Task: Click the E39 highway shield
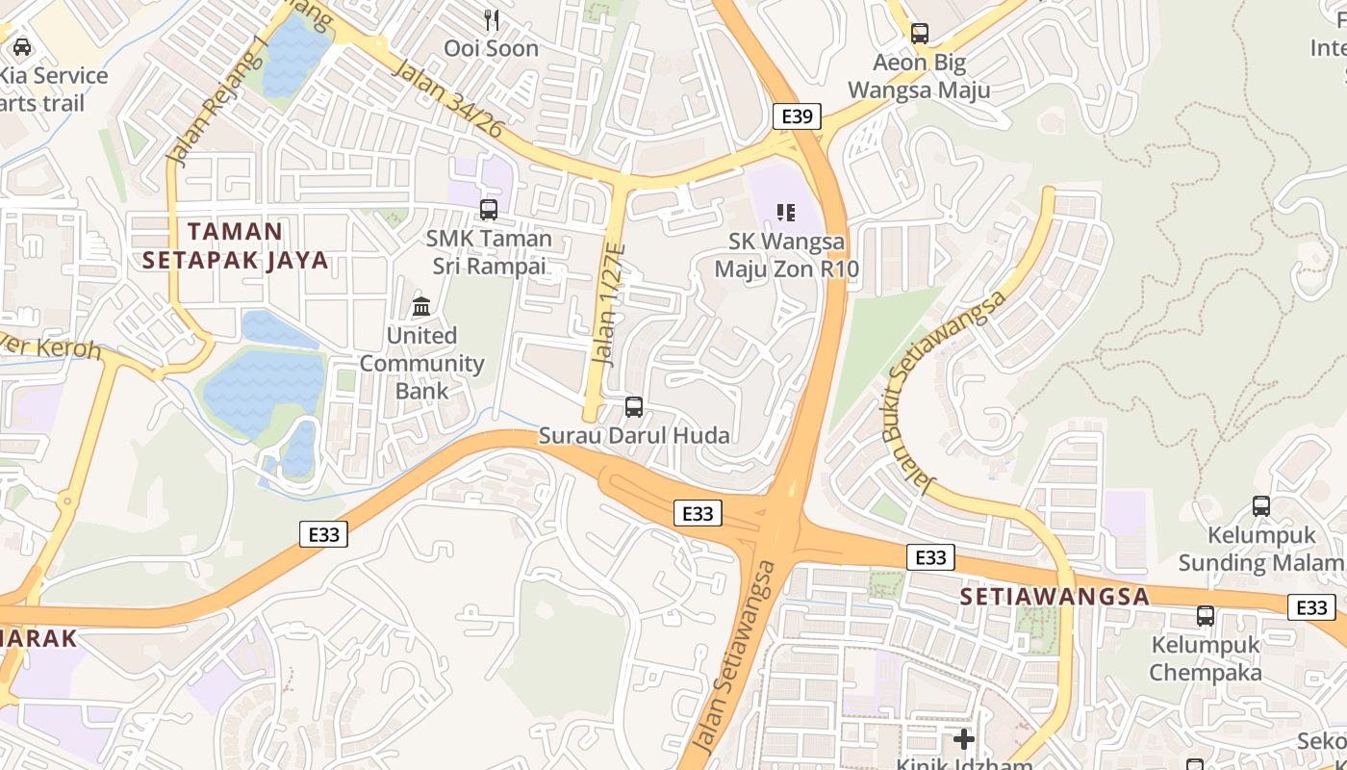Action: [797, 117]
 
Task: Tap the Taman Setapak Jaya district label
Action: [235, 245]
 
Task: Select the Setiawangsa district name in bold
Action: [1055, 597]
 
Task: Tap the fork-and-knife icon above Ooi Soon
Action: [492, 20]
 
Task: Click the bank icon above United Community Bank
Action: [421, 307]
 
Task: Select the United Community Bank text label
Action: [421, 363]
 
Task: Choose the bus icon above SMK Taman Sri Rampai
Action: [489, 209]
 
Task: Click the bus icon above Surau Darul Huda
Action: [633, 407]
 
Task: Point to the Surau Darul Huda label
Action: [633, 436]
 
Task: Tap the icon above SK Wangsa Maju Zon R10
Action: [786, 212]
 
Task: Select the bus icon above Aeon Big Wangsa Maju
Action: [920, 34]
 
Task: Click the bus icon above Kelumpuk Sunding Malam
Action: [1260, 505]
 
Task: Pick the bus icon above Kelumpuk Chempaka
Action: [1205, 616]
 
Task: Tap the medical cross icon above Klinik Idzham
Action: [963, 739]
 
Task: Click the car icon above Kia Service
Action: [21, 46]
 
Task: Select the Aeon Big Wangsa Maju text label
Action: [931, 77]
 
